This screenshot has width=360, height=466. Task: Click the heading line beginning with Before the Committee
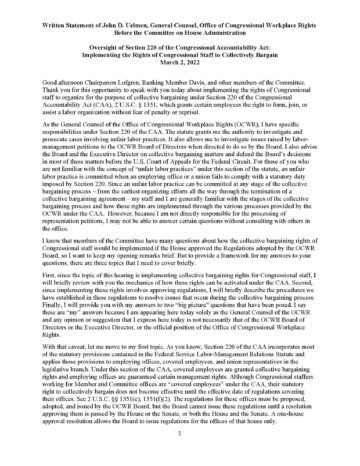(x=180, y=23)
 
